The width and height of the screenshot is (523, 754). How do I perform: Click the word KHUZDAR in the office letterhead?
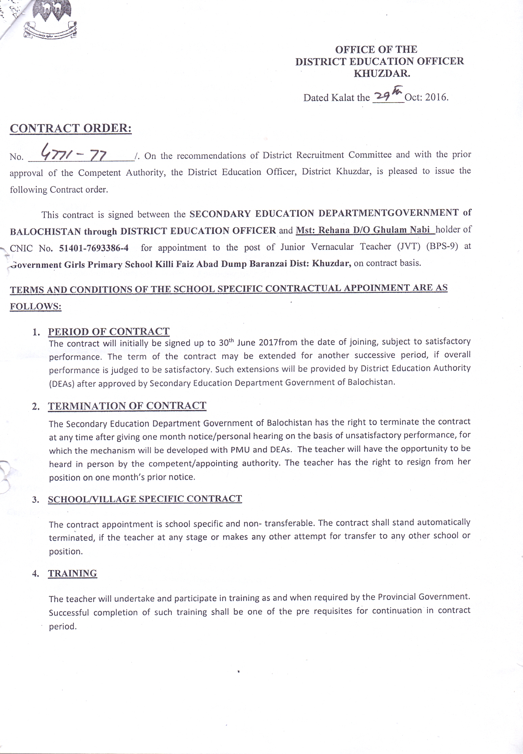point(382,73)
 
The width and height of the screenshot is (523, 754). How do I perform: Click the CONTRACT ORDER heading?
point(71,128)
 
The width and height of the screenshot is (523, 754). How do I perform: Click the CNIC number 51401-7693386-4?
point(94,248)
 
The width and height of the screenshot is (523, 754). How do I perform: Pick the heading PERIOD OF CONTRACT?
point(108,331)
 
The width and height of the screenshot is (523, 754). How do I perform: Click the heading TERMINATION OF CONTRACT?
point(127,406)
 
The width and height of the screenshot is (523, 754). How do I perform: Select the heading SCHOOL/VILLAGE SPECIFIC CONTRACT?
point(145,499)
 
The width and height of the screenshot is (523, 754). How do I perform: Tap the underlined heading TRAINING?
point(72,573)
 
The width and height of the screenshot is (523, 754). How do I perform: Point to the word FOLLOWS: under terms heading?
point(35,306)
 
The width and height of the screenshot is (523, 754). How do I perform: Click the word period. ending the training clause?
point(63,626)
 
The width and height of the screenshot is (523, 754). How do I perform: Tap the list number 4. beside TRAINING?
point(36,574)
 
